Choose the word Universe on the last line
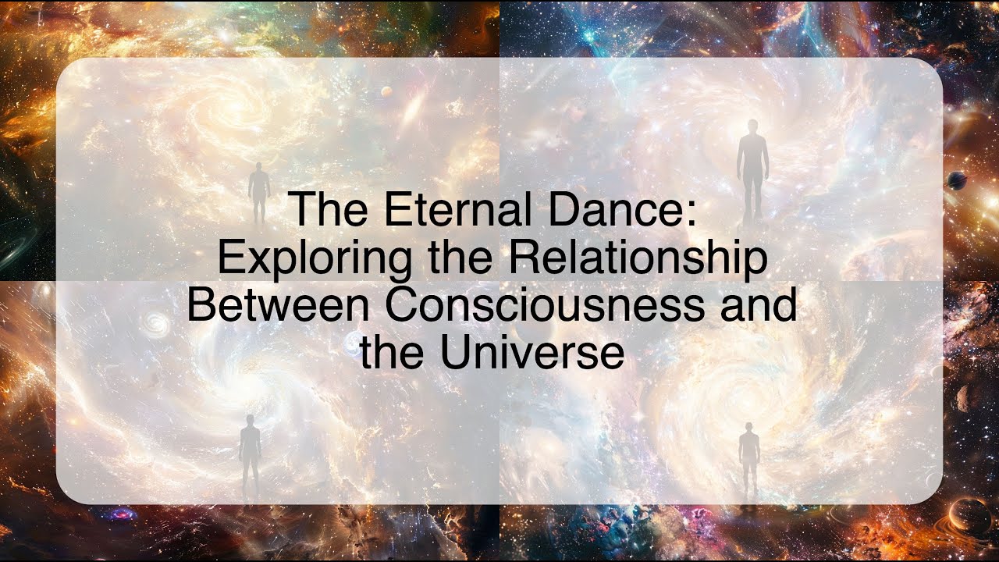point(532,352)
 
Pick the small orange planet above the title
point(386,92)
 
